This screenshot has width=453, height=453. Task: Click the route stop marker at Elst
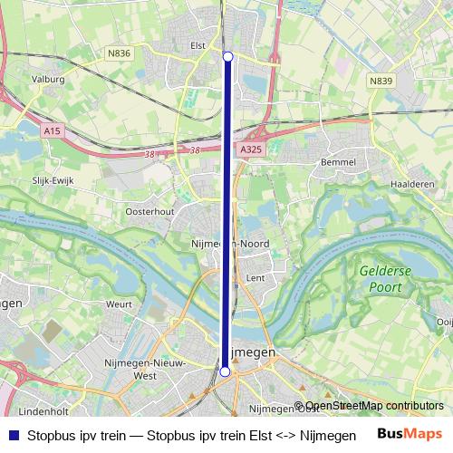click(227, 57)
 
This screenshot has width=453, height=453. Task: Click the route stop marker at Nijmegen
click(225, 371)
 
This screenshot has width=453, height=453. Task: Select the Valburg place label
click(49, 80)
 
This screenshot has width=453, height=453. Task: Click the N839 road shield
click(381, 81)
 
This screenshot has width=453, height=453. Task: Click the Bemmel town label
click(338, 162)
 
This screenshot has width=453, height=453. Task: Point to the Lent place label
click(255, 278)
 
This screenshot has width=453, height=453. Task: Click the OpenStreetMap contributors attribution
click(374, 406)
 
